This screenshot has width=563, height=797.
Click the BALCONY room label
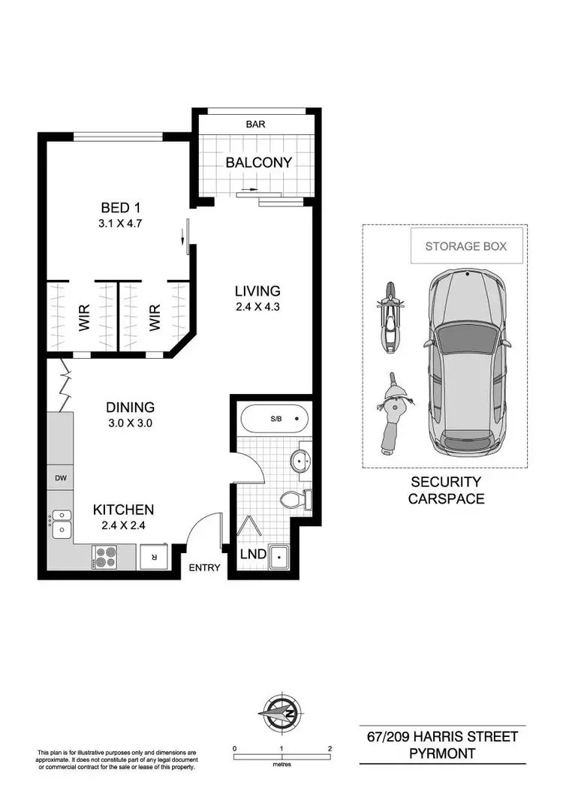point(258,162)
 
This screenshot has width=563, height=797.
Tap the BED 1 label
point(122,207)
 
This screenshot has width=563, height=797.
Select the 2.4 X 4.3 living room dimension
point(257,307)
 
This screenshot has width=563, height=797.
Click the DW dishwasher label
point(60,477)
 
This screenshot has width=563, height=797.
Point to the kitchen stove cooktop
point(104,557)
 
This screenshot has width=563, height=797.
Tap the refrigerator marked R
point(154,557)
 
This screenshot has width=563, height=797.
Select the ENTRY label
point(205,567)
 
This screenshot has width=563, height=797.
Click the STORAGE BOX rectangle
point(465,246)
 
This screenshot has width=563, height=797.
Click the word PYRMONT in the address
point(442,753)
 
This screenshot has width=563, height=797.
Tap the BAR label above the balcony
point(256,125)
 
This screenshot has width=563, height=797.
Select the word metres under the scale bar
point(281,767)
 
